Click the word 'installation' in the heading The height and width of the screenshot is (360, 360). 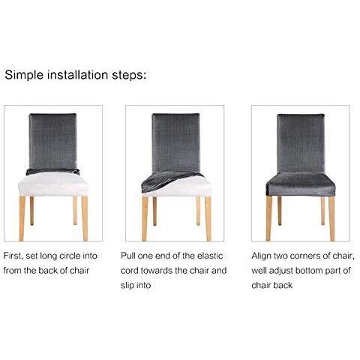[x=79, y=76]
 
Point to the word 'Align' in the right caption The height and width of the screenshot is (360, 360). [x=262, y=256]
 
